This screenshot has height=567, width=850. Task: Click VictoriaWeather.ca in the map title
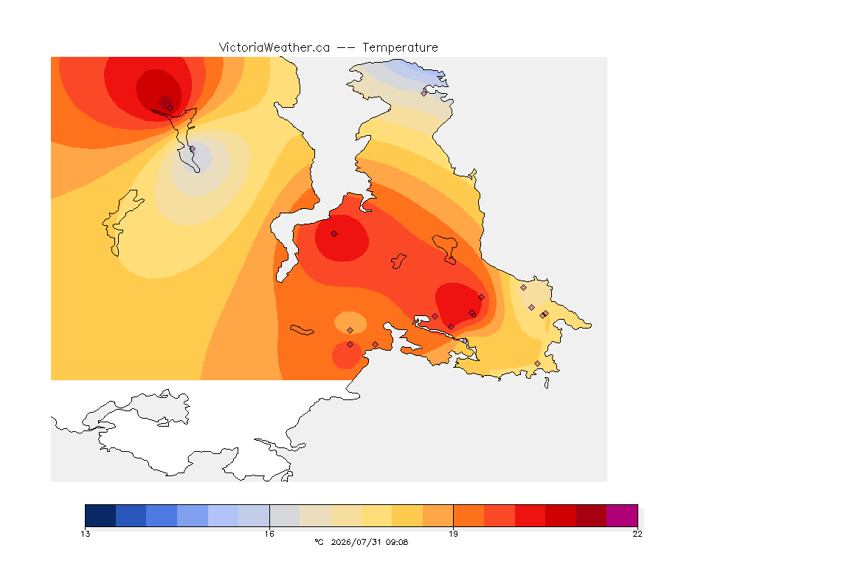(274, 48)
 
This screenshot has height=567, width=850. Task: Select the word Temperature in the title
(400, 48)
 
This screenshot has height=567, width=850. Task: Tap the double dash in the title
(346, 48)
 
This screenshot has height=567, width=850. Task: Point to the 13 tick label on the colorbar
(86, 534)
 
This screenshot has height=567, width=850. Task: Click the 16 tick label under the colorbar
(269, 534)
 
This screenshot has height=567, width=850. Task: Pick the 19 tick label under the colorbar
(453, 534)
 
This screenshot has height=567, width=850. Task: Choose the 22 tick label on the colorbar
(637, 534)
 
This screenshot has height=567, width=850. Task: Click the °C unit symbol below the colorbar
(319, 542)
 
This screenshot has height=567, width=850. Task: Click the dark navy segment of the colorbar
(101, 515)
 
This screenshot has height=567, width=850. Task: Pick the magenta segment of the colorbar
(622, 515)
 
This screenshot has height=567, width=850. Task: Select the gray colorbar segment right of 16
(285, 515)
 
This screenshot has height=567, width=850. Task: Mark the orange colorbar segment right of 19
(469, 515)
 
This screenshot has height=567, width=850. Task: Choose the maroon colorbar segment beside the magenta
(592, 515)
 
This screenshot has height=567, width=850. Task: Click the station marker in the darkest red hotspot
(170, 108)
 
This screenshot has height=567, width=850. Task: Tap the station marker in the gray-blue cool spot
(192, 148)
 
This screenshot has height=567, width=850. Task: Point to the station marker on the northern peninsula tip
(424, 93)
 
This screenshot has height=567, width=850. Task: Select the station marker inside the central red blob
(334, 234)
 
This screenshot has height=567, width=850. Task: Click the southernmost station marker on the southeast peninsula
(537, 363)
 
